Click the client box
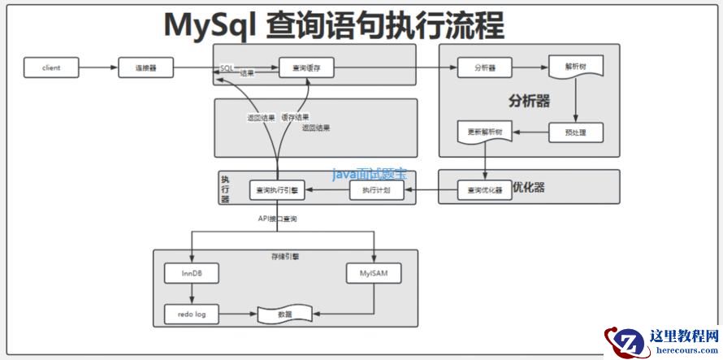tap(51, 67)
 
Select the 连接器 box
tap(146, 67)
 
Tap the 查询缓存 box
tap(306, 67)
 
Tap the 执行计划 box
tap(376, 190)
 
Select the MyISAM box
tap(374, 274)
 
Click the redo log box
tap(192, 313)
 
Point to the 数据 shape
tap(285, 313)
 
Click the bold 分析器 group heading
tap(529, 102)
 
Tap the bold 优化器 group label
tap(528, 187)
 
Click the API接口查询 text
tap(277, 218)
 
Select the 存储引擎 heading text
tap(284, 255)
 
